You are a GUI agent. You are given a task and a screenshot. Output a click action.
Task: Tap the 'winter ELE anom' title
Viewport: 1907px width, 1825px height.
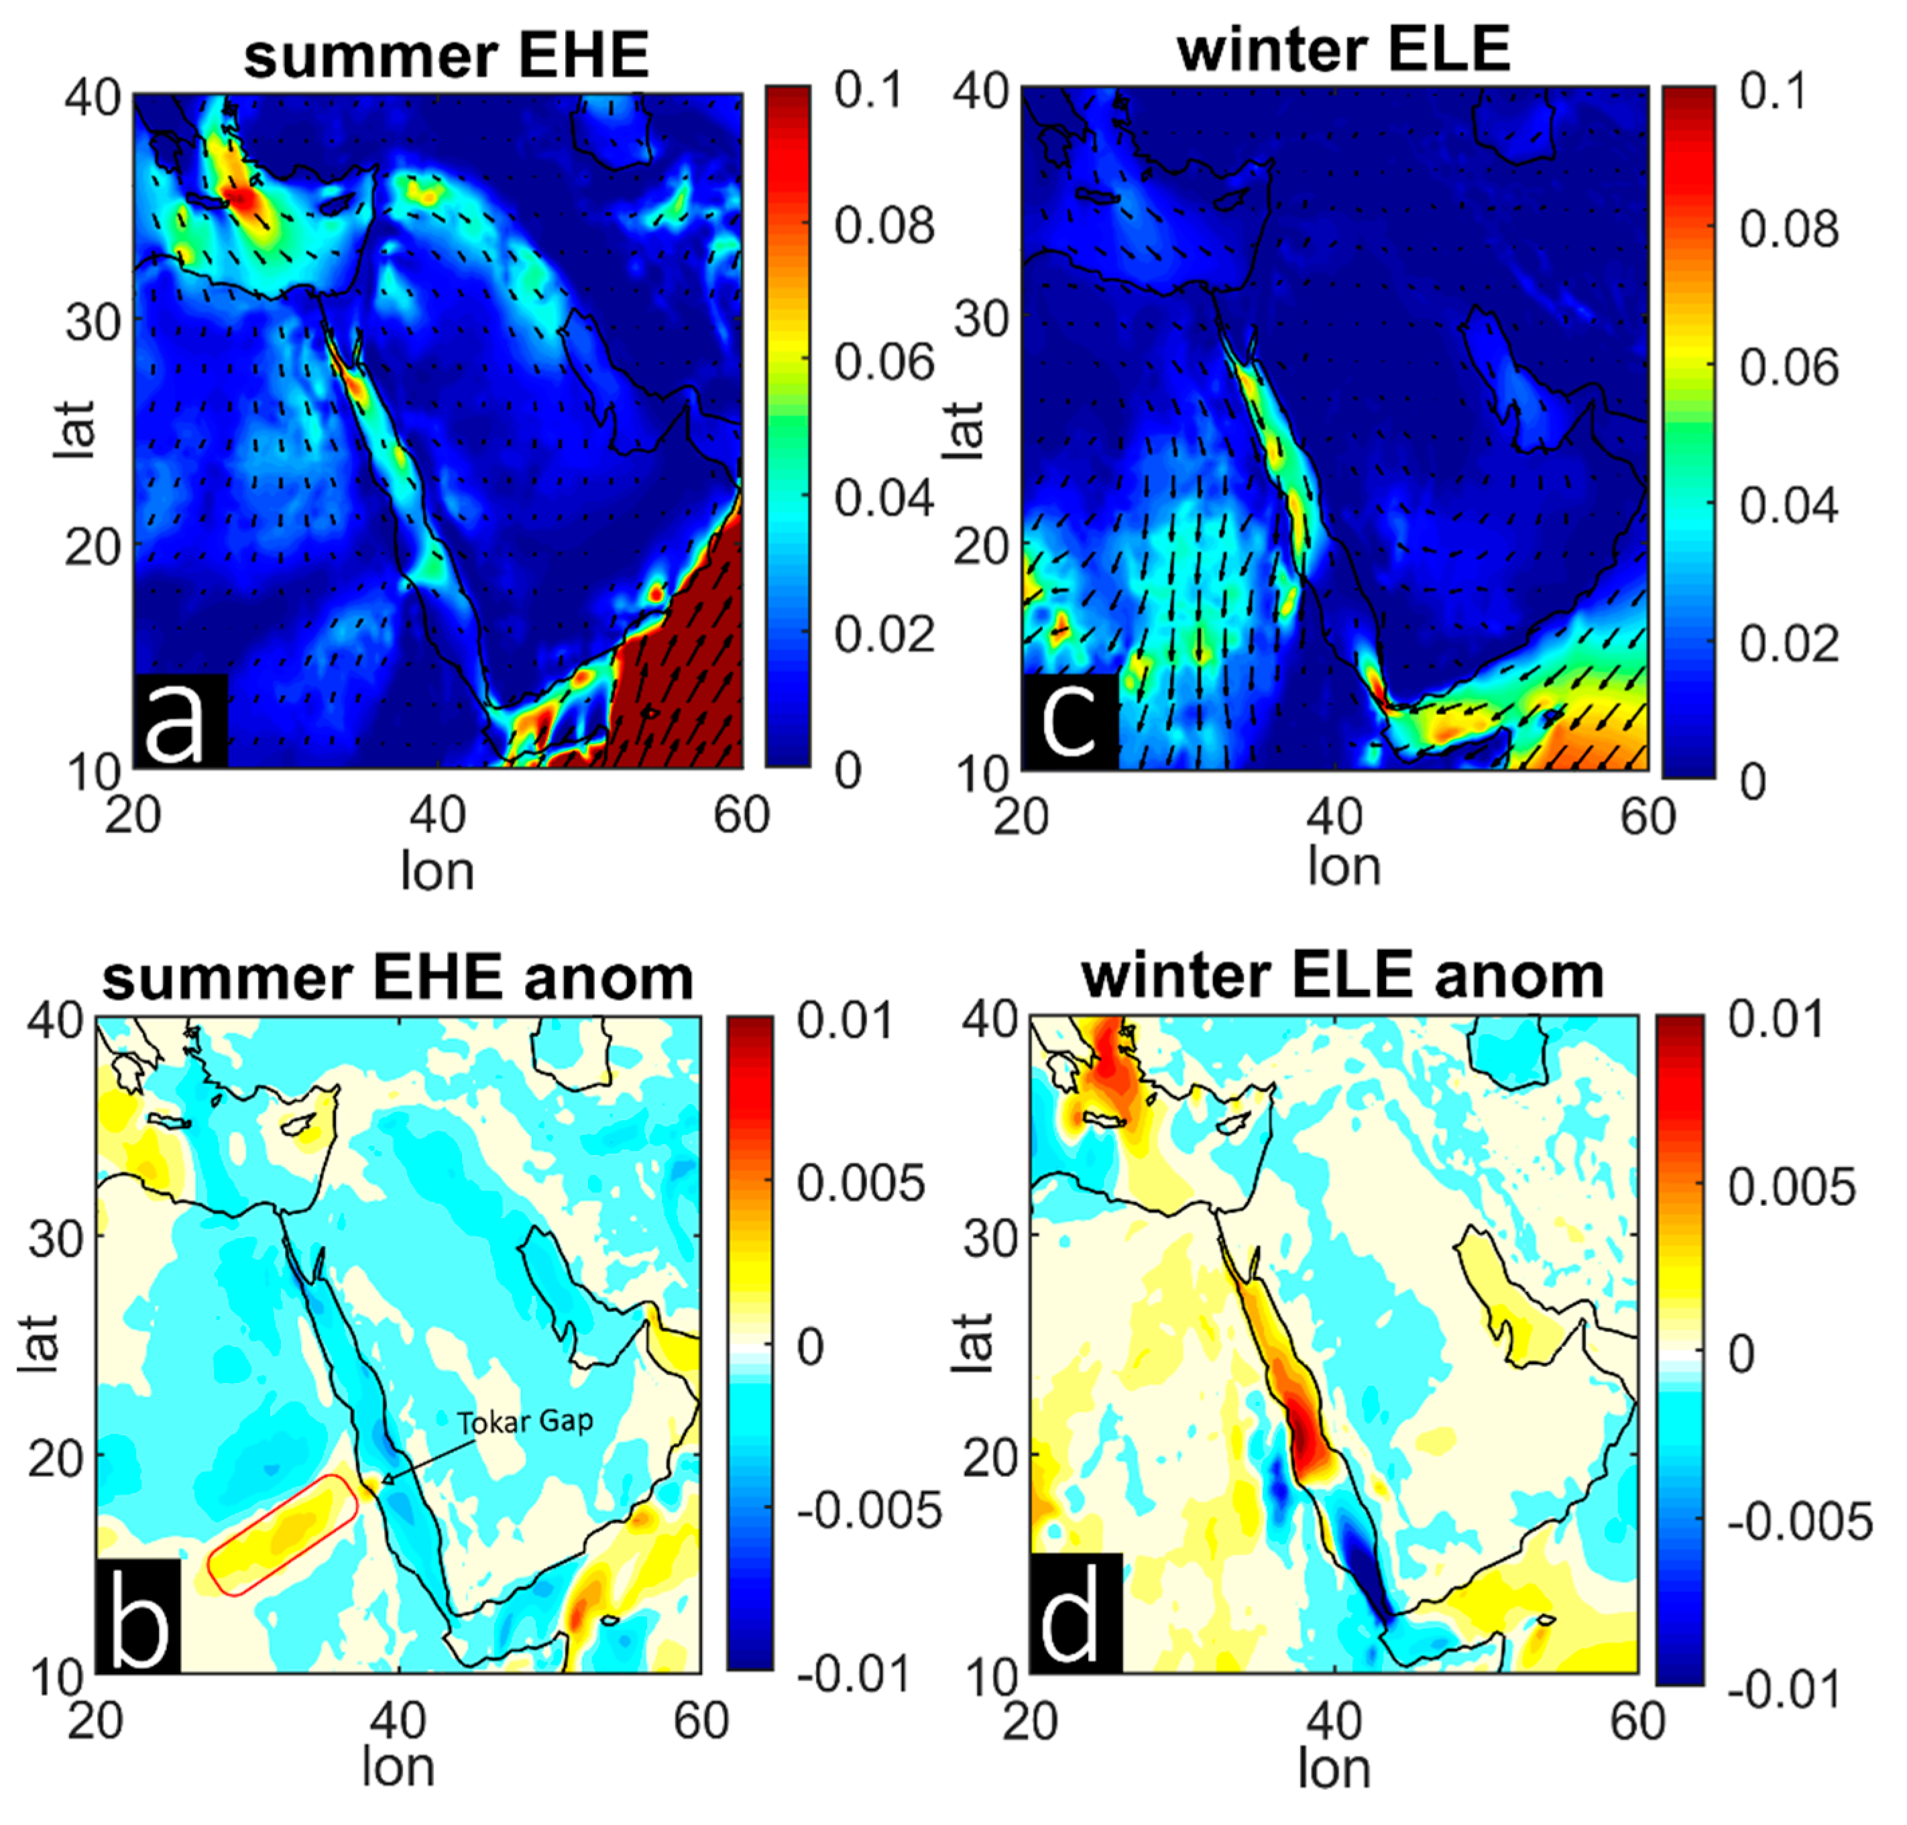(x=1342, y=976)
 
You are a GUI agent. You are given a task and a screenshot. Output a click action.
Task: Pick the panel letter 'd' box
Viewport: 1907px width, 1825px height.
(x=1076, y=1616)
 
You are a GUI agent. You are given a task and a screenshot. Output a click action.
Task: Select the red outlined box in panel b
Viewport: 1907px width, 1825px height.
(x=283, y=1534)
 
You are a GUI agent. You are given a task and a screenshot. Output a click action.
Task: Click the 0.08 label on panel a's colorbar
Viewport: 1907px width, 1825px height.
(x=884, y=225)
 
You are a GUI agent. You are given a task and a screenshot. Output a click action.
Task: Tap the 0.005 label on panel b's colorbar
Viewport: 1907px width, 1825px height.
(x=860, y=1183)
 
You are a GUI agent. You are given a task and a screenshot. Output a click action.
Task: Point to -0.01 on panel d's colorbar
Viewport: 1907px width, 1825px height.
(x=1799, y=1693)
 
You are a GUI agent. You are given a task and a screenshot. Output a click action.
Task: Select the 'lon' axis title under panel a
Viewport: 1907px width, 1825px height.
(x=437, y=871)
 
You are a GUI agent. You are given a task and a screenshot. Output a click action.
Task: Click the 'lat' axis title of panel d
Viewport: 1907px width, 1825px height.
(x=972, y=1343)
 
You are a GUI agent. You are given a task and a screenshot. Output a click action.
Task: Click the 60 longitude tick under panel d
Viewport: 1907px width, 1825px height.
(x=1637, y=1721)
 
